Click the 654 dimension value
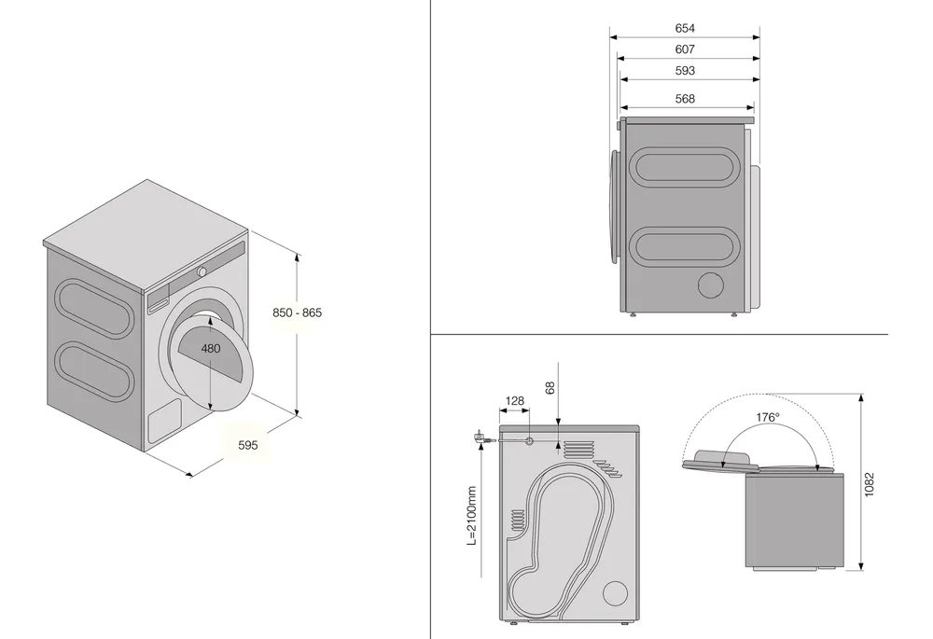(x=685, y=29)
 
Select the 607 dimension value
(x=685, y=49)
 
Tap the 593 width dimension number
(x=685, y=71)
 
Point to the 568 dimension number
(x=685, y=99)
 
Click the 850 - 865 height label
(x=297, y=313)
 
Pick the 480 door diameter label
(x=211, y=349)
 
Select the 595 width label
(x=247, y=445)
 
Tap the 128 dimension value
(x=514, y=401)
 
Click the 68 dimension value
(x=550, y=387)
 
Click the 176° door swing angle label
(x=768, y=418)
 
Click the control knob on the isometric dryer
(x=200, y=271)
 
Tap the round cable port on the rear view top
(x=530, y=440)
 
